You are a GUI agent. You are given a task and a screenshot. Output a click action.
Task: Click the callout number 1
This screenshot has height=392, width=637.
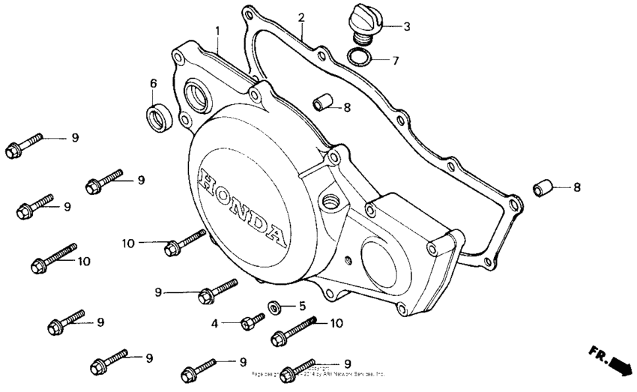pos(217,31)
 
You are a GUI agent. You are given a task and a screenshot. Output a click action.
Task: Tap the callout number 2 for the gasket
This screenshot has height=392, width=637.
pos(301,17)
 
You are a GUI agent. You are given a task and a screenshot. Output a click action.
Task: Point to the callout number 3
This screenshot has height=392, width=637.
pos(406,27)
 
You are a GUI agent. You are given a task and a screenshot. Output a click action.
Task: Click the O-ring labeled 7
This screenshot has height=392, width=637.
pos(359,57)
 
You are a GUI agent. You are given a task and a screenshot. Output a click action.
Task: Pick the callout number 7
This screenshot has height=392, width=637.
pos(396,59)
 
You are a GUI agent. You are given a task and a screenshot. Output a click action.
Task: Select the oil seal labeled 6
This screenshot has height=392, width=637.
pos(157,118)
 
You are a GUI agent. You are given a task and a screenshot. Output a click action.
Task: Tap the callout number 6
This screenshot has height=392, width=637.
pos(153,82)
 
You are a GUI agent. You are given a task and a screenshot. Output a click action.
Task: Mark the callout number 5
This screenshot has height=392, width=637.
pos(302,306)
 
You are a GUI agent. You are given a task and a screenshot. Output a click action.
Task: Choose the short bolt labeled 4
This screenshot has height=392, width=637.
pos(250,322)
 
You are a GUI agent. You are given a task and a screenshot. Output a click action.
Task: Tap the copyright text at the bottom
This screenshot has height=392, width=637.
pos(318,371)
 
